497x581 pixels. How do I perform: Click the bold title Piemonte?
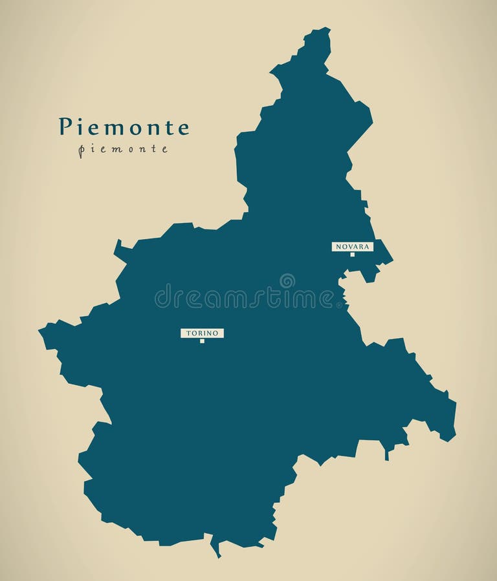tap(124, 127)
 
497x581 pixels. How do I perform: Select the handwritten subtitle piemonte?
tap(123, 149)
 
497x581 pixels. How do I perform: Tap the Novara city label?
tap(353, 246)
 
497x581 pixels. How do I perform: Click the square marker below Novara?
tap(353, 255)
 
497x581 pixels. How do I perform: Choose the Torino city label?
tap(202, 333)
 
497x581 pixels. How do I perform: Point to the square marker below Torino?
tap(202, 341)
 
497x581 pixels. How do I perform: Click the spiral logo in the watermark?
tap(287, 280)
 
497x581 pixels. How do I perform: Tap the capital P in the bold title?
tap(65, 127)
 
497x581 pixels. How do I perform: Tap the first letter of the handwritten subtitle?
tap(81, 151)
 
